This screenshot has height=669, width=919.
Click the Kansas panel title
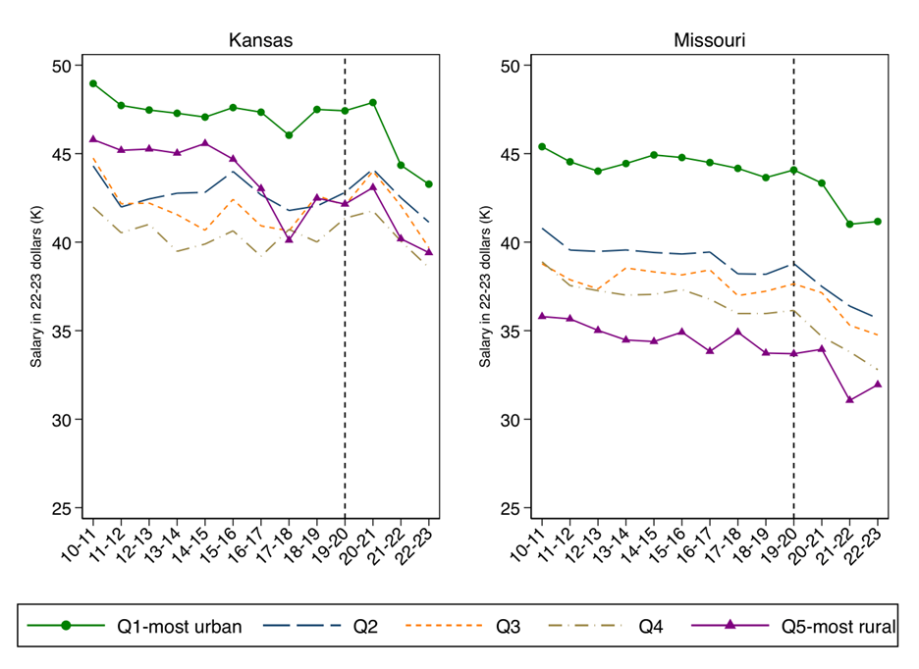click(260, 40)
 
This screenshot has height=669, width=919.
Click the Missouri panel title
click(708, 40)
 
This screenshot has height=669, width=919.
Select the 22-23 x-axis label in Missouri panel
click(867, 542)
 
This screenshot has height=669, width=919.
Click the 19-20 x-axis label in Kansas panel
click(333, 542)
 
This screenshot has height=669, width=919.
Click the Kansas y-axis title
click(36, 287)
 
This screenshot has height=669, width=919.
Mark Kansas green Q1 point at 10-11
click(93, 83)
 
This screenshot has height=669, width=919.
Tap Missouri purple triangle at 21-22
click(850, 399)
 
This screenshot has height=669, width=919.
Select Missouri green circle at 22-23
click(878, 222)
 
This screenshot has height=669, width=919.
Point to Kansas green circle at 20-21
click(373, 102)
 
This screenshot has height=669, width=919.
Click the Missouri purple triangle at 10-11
click(542, 316)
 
